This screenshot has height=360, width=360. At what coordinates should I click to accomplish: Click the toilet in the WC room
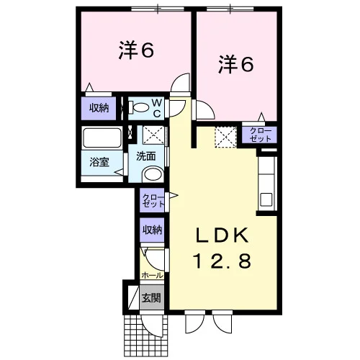(x=139, y=107)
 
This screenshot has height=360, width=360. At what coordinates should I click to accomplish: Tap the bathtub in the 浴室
(x=102, y=138)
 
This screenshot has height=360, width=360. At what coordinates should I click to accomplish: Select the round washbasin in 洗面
(x=153, y=174)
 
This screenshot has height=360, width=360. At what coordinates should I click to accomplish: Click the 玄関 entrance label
(x=151, y=298)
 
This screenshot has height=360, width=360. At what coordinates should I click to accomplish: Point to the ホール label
(x=152, y=275)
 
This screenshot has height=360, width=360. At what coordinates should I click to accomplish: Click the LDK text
(x=222, y=235)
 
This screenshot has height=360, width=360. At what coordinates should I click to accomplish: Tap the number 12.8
(x=222, y=261)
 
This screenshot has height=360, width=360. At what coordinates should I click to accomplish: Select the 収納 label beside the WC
(x=99, y=108)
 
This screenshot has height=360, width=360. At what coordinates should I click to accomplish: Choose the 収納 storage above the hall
(x=153, y=230)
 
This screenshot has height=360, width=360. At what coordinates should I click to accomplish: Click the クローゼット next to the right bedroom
(x=260, y=135)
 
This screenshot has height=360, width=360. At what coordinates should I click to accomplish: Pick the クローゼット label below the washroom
(x=153, y=201)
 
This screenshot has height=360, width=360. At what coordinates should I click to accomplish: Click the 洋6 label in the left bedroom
(x=136, y=50)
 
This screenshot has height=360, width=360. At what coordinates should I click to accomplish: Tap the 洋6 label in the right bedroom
(x=235, y=63)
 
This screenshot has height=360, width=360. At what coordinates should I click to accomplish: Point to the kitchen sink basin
(x=266, y=199)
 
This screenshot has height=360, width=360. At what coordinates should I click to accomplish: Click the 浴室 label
(x=99, y=162)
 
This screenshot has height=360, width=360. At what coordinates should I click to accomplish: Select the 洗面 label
(x=146, y=156)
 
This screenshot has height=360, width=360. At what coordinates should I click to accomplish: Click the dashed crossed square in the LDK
(x=225, y=137)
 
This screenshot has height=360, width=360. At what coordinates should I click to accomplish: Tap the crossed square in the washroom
(x=154, y=135)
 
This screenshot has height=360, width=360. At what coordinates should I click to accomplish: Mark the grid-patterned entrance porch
(x=145, y=336)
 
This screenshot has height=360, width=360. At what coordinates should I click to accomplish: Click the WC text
(x=157, y=108)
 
